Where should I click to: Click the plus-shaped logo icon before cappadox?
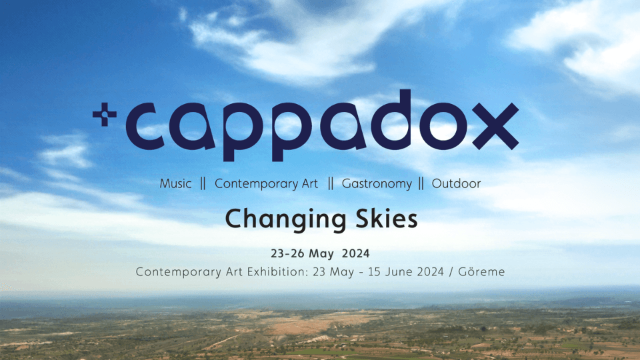pos(105,114)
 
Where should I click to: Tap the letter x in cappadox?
pos(495,126)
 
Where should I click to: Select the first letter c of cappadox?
pos(145,126)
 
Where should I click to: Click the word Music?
pos(175,184)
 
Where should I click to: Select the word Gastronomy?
pos(377,184)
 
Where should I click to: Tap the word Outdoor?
pos(456,184)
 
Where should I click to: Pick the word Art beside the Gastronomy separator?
pos(310,184)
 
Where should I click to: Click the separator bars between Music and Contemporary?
pos(203,184)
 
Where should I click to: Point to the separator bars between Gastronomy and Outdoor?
pos(421,184)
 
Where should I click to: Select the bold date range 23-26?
pos(287,253)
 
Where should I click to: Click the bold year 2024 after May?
pos(356,253)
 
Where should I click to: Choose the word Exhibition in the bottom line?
pos(278,272)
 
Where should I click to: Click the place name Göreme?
pos(481,271)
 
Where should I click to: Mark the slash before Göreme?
pos(451,272)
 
